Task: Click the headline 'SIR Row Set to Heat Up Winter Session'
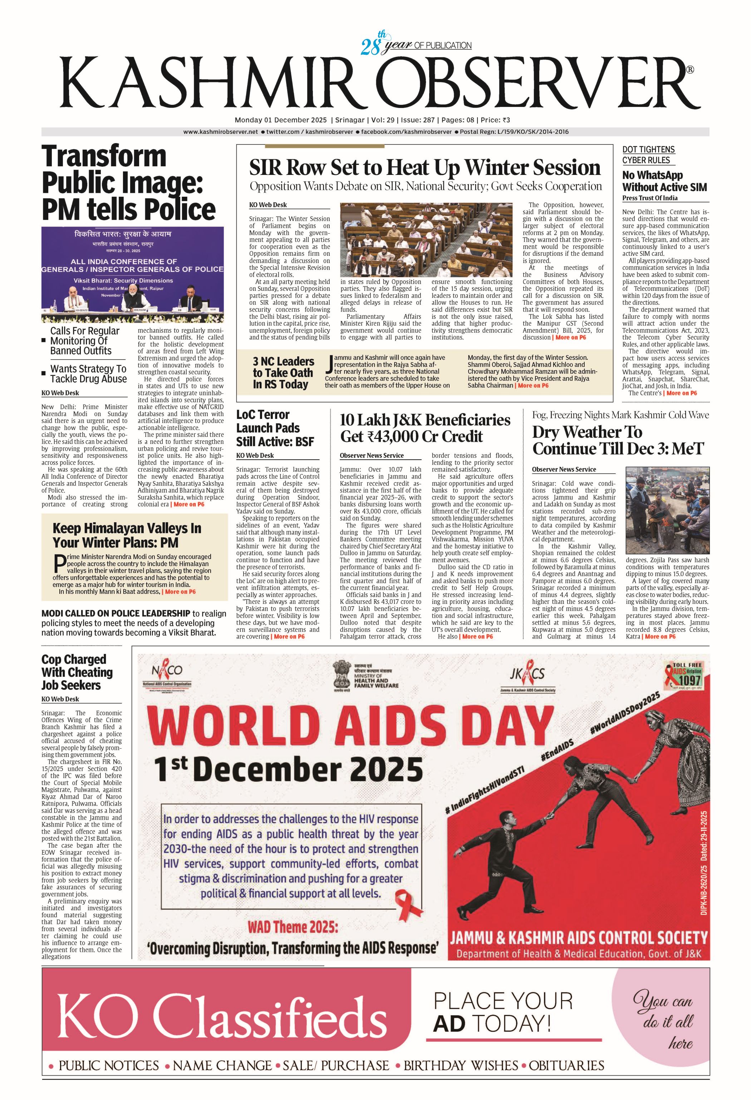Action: (x=424, y=167)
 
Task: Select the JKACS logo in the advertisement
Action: (x=527, y=675)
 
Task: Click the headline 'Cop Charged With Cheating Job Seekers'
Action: (x=77, y=672)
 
